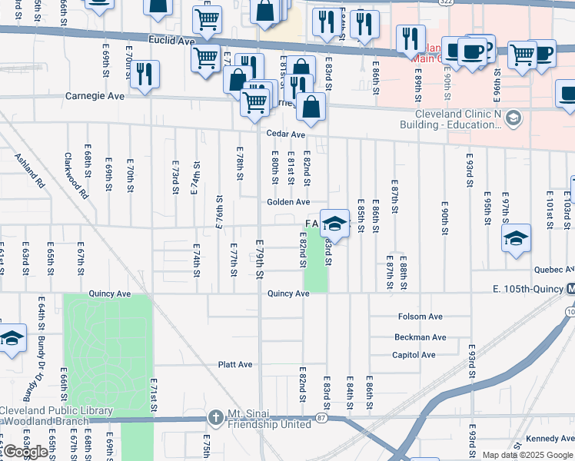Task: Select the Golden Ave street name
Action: click(x=288, y=202)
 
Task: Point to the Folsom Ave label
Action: click(x=420, y=317)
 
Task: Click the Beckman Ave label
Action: click(x=420, y=337)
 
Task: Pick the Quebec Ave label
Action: click(x=553, y=270)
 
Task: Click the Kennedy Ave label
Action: click(x=550, y=439)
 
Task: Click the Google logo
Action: click(x=26, y=452)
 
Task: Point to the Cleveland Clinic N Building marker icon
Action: click(x=514, y=119)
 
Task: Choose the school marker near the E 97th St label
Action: click(x=517, y=237)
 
